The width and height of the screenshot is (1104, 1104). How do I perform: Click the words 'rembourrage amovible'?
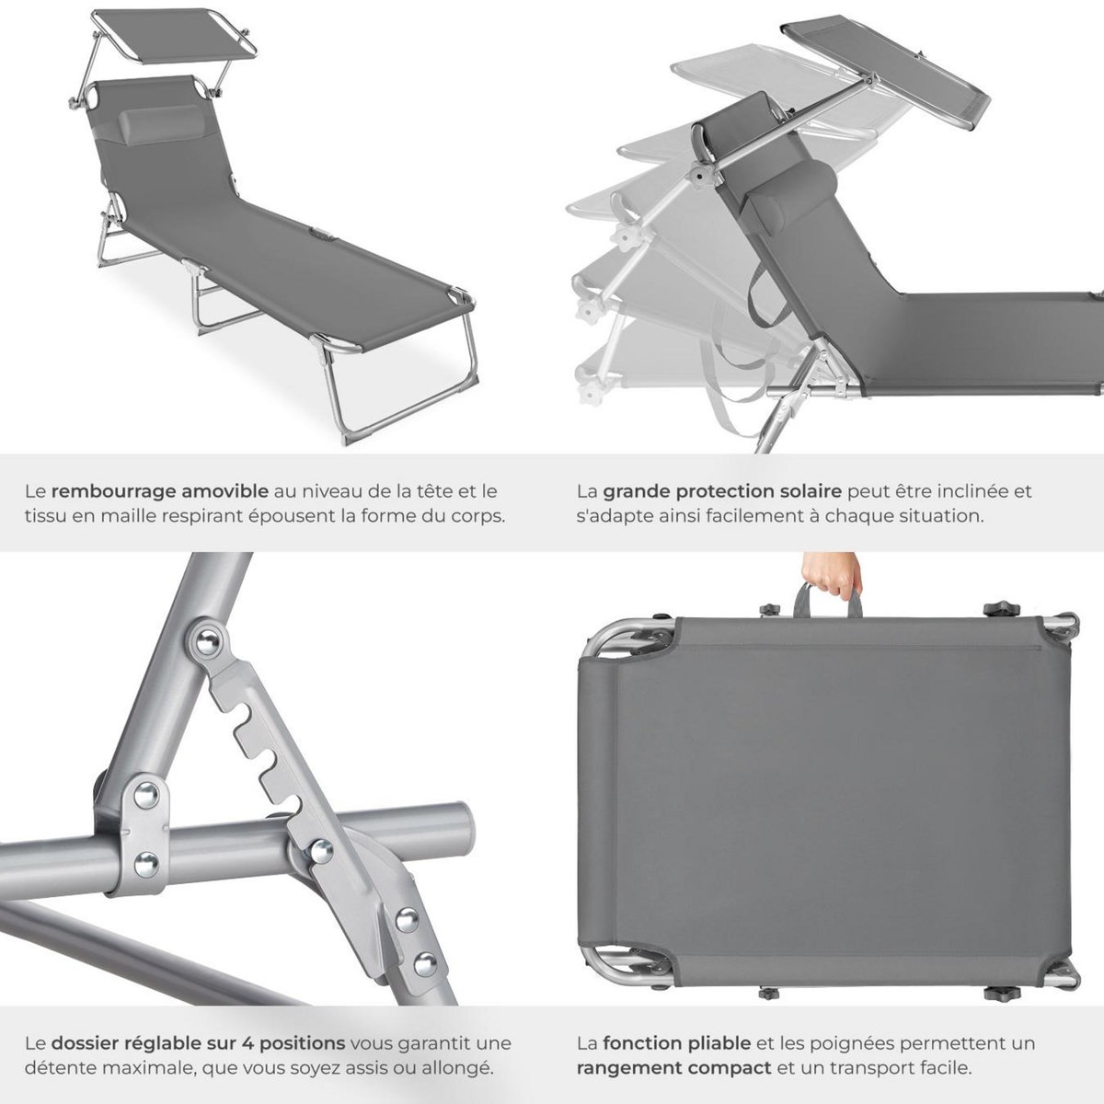160,491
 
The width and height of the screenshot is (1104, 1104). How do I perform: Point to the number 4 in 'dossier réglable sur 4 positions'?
248,1044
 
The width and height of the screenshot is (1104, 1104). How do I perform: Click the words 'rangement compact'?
673,1068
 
